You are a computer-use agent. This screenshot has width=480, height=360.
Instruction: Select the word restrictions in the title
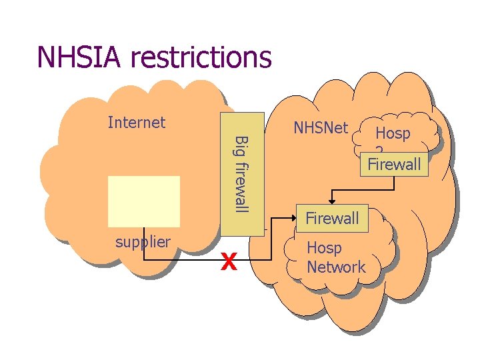(x=201, y=57)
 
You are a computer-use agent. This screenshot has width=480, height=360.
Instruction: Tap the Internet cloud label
(x=136, y=122)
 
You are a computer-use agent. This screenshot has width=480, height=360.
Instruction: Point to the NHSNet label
(x=321, y=127)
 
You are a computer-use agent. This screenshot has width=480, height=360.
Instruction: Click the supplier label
(x=143, y=241)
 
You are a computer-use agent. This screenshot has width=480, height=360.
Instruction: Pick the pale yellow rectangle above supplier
(x=144, y=201)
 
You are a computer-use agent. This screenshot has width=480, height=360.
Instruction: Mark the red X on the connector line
(x=229, y=263)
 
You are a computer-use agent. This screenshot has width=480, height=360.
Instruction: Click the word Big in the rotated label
(x=242, y=145)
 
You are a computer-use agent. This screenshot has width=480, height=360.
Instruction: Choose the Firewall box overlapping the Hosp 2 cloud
(x=393, y=164)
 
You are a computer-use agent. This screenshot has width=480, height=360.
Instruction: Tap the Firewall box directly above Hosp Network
(x=331, y=218)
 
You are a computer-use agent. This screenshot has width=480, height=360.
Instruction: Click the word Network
(x=336, y=267)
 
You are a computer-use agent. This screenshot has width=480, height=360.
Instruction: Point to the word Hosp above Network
(x=324, y=248)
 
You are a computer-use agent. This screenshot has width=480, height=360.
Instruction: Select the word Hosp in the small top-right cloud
(x=393, y=133)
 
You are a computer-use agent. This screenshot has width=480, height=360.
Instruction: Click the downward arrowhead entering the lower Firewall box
(x=331, y=201)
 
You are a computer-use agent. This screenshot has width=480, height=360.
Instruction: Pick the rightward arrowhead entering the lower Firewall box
(x=292, y=218)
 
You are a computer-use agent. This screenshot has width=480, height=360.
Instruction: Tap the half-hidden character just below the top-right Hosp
(x=378, y=150)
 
